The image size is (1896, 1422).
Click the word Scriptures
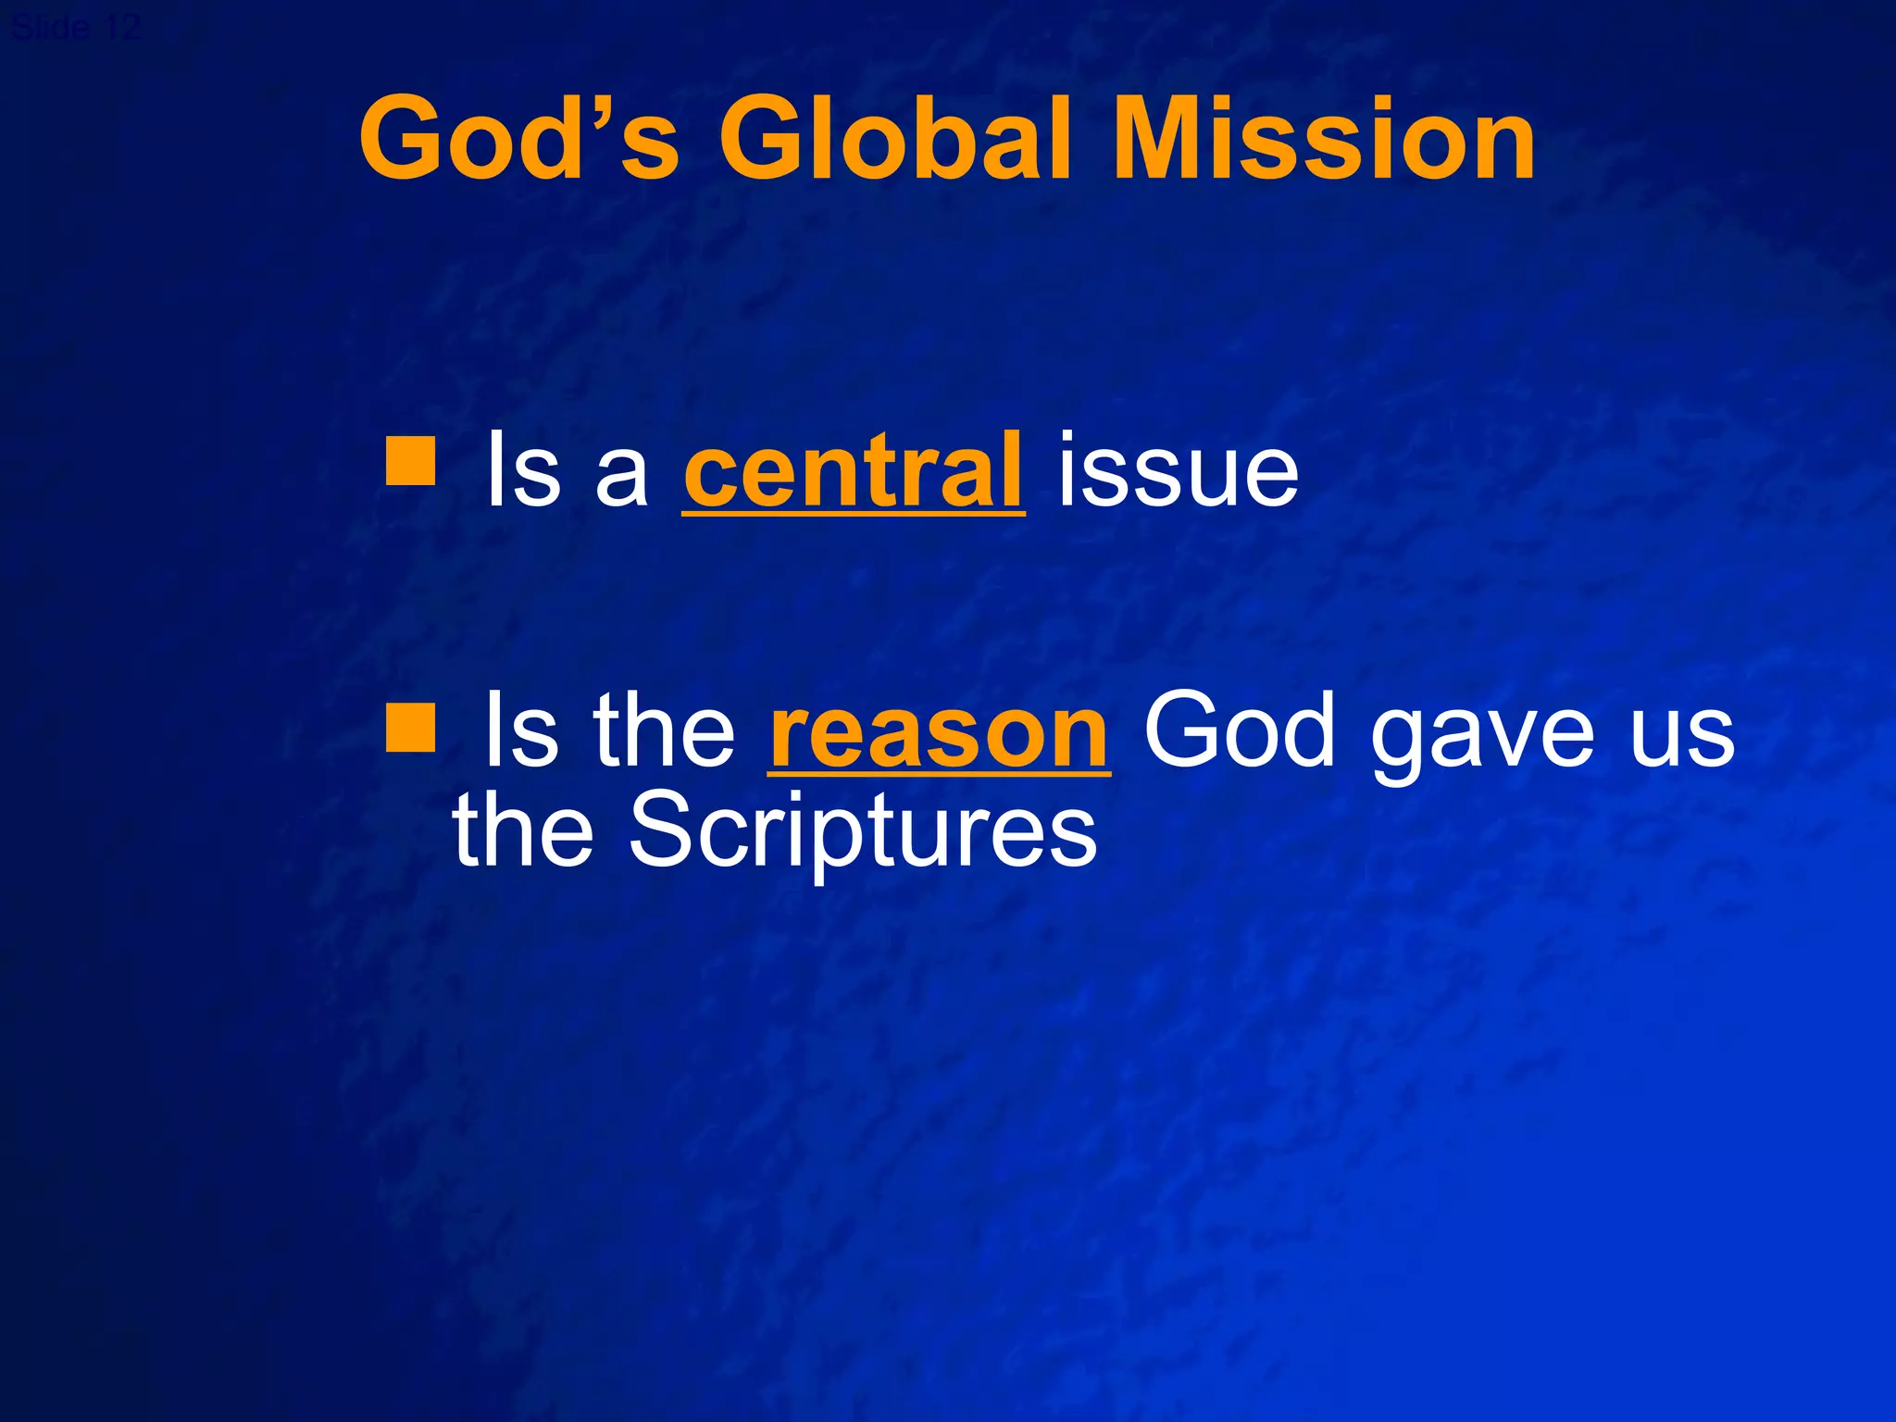863,830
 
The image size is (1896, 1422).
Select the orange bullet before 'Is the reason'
410,725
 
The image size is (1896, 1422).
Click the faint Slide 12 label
76,26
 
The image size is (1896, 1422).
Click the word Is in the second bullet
521,731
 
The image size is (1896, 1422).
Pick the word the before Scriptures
523,830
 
